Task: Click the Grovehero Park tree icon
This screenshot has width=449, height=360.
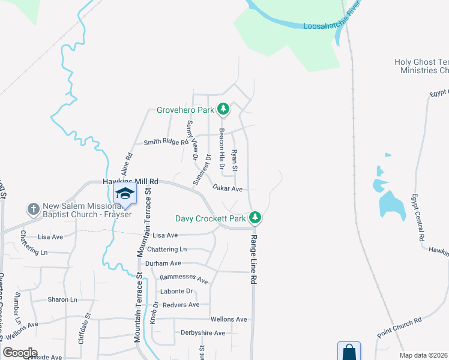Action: pos(223,109)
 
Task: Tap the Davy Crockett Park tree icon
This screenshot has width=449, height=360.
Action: pos(255,217)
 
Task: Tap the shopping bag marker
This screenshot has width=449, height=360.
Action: pos(349,352)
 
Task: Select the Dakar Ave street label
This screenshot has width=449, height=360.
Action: pos(228,188)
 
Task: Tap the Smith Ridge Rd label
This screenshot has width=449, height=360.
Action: pos(166,142)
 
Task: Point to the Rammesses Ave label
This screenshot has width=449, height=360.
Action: pos(183,280)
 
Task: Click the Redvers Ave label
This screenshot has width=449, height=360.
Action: pos(181,305)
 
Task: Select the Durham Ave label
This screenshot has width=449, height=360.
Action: pos(163,263)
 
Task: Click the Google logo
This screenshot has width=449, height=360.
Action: pos(19,353)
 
